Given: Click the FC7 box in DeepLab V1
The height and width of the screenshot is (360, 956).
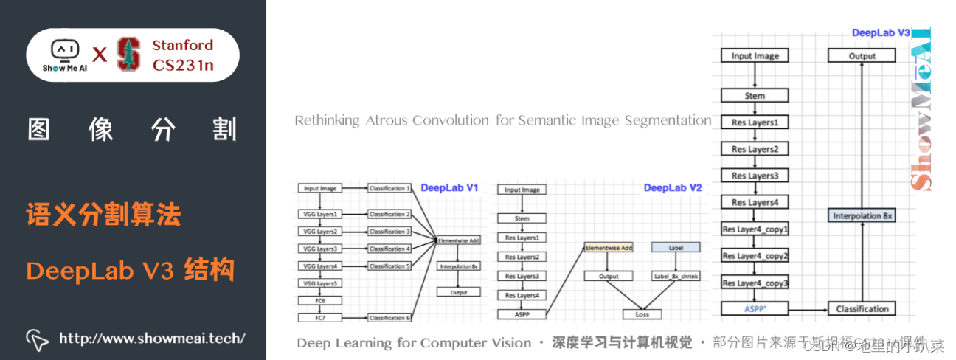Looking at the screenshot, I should [x=320, y=317].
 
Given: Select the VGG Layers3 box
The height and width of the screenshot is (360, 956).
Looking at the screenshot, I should [x=320, y=249].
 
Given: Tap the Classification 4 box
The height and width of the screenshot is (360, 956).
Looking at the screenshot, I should [x=388, y=249].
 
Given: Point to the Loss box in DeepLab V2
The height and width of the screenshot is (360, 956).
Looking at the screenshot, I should [x=637, y=314].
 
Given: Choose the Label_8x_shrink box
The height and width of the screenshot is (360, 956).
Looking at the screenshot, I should [x=676, y=277].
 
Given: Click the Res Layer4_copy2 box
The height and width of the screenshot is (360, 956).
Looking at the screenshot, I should [x=755, y=256].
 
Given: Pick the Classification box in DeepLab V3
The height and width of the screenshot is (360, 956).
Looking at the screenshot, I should [x=862, y=309].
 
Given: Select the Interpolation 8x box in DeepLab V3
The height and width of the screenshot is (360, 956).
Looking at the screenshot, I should [x=862, y=216].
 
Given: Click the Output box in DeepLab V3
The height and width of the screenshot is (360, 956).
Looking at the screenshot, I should [x=862, y=56].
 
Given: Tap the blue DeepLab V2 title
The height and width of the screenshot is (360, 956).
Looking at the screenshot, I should [x=672, y=188].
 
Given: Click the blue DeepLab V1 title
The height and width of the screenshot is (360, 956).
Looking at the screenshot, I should [x=449, y=188].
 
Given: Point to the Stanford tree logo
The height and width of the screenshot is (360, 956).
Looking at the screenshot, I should [x=129, y=55].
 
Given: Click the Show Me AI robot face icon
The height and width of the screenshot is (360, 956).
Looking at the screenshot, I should [x=64, y=49].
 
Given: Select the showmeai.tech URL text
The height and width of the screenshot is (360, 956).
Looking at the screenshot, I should [x=151, y=339].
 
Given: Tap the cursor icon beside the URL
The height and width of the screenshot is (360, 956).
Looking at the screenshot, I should [x=38, y=339].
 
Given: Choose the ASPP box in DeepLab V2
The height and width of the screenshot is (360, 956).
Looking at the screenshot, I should [x=522, y=315].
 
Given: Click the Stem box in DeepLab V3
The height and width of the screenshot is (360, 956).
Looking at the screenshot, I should [x=755, y=96].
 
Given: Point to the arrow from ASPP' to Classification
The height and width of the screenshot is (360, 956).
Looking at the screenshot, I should [x=808, y=309].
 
